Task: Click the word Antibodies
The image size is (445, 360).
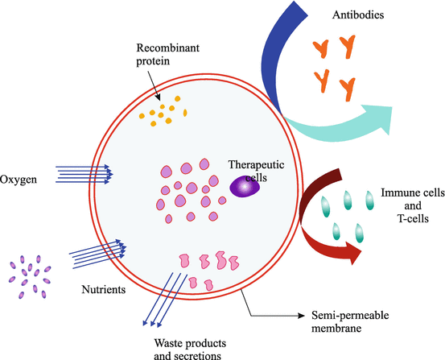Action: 361,14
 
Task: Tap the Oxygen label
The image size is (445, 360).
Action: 20,178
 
